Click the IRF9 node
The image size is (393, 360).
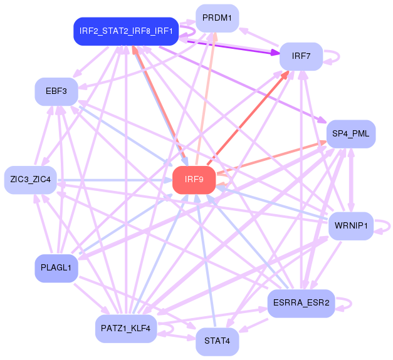(x=194, y=180)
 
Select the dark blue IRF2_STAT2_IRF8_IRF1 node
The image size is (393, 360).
(x=126, y=31)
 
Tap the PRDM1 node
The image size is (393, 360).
(x=217, y=18)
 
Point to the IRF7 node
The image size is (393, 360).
(x=301, y=56)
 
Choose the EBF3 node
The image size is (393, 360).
(x=56, y=91)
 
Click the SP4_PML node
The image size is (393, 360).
(x=351, y=134)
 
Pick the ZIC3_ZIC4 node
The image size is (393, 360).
(x=31, y=180)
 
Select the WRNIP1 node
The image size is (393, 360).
(x=351, y=225)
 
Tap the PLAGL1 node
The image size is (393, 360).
(x=56, y=269)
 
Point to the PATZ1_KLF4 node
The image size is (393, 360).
(x=126, y=329)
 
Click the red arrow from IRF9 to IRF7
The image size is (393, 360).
(x=251, y=113)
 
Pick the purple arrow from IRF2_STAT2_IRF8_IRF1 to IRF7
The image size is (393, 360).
(x=232, y=44)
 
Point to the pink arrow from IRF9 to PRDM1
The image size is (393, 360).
(x=206, y=100)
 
